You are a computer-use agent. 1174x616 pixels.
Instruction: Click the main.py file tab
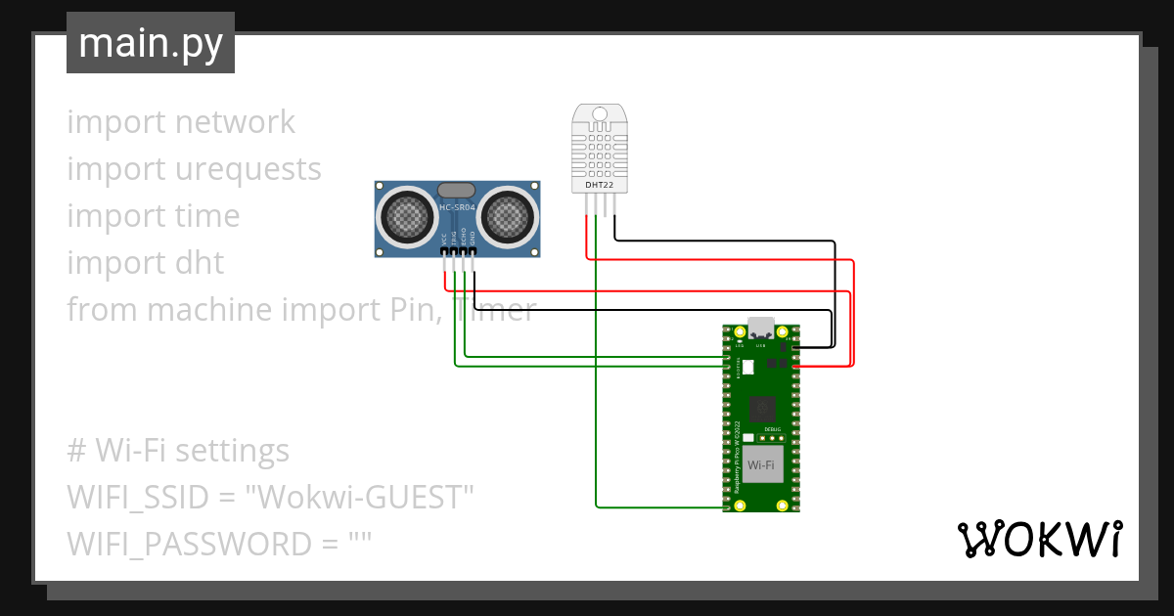click(x=150, y=43)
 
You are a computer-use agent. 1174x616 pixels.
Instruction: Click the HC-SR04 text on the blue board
click(x=457, y=207)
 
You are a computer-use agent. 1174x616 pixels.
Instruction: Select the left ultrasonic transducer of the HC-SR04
click(x=405, y=216)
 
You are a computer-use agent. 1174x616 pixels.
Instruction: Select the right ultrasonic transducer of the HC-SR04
click(x=509, y=216)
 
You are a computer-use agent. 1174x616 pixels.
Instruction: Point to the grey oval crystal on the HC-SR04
click(x=457, y=190)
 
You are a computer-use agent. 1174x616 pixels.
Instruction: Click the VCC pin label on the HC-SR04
click(x=444, y=238)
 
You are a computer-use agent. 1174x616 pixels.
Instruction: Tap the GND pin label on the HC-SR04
click(x=474, y=238)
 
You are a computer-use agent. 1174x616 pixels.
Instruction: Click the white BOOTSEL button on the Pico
click(x=748, y=369)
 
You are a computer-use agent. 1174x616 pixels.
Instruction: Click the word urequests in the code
click(x=248, y=169)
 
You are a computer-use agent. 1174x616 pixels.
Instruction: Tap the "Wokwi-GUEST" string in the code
click(x=360, y=497)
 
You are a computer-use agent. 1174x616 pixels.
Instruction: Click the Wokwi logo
click(x=1038, y=540)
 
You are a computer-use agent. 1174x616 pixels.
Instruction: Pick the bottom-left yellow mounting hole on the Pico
click(x=741, y=505)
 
